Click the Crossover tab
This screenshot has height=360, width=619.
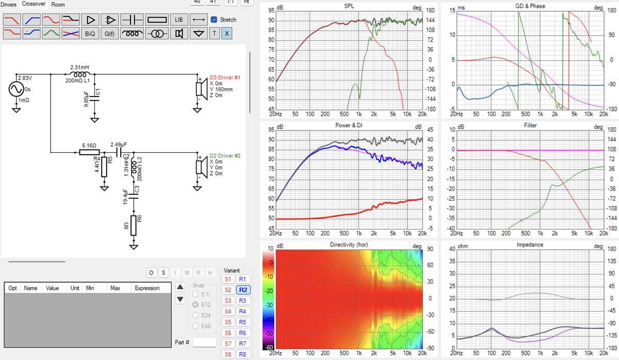(x=34, y=4)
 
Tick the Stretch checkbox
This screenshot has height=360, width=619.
(x=214, y=20)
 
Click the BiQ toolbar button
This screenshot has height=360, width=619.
(x=90, y=34)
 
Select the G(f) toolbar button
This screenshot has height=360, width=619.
(x=109, y=34)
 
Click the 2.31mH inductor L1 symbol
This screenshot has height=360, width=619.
(x=79, y=74)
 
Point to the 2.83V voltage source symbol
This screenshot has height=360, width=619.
(x=17, y=89)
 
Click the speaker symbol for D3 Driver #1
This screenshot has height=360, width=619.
(x=202, y=89)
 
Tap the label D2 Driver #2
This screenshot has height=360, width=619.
(x=225, y=156)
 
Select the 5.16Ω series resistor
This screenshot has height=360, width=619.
(x=89, y=152)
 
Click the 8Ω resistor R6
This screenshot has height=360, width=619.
(x=134, y=225)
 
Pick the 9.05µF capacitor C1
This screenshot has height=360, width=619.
(x=94, y=99)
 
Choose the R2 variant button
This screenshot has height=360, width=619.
(x=243, y=290)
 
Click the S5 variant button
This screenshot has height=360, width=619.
(x=228, y=322)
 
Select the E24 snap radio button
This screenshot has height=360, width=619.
(x=196, y=315)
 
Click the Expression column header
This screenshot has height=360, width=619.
(x=147, y=288)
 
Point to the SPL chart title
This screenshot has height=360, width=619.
(x=349, y=6)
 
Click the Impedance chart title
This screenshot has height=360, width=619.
(x=530, y=244)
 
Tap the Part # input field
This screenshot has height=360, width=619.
(x=204, y=342)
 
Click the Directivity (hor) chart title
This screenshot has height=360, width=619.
(x=349, y=244)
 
